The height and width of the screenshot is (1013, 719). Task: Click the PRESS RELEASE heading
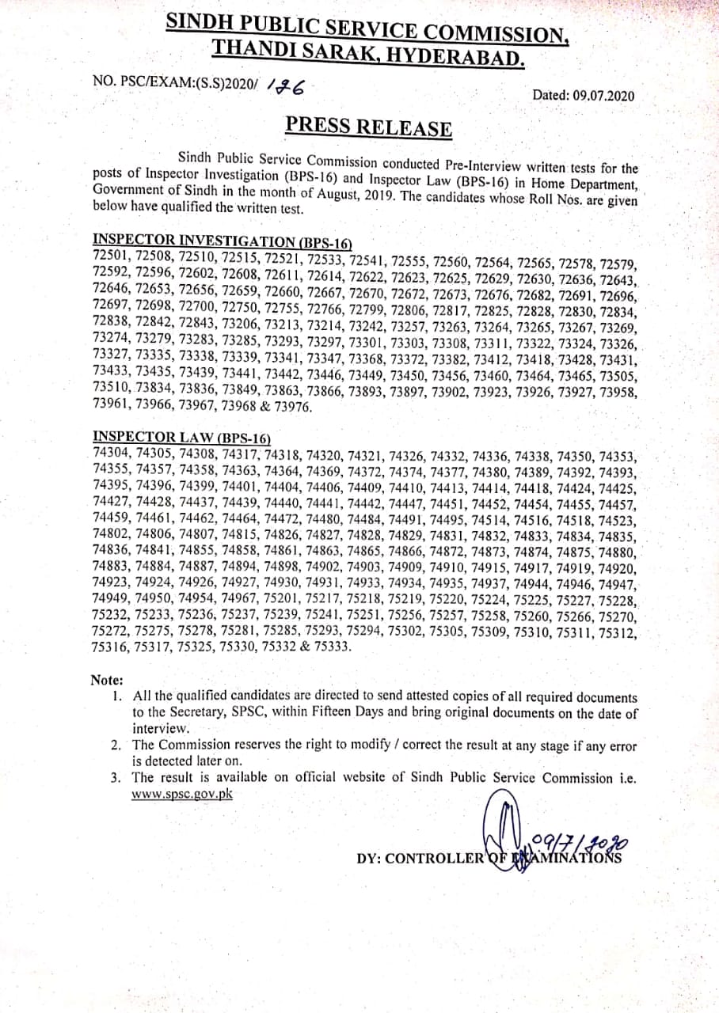pos(368,127)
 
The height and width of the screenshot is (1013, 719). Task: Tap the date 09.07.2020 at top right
pos(584,96)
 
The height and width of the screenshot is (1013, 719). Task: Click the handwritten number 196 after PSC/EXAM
pos(287,85)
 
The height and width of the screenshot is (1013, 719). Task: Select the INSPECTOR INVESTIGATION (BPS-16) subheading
pos(222,241)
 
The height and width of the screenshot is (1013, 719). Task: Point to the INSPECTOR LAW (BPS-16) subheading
pos(182,437)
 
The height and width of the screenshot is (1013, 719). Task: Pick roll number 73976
pos(292,407)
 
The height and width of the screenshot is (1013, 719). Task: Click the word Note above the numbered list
pos(107,680)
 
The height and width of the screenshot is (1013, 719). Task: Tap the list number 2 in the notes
pos(116,746)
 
